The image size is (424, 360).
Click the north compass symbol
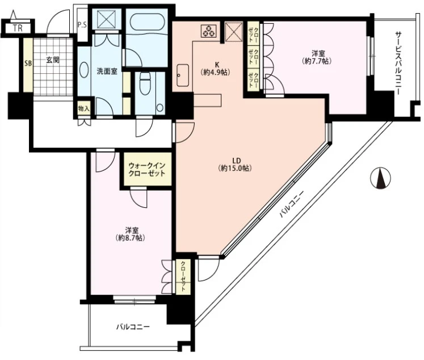380,178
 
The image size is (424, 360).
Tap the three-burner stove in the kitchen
209,31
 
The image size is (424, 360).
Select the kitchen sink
183,75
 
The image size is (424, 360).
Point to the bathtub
148,23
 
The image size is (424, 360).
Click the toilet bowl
145,83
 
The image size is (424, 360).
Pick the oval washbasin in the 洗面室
84,70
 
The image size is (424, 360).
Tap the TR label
18,28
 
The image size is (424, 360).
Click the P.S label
82,25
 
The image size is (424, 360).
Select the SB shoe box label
28,63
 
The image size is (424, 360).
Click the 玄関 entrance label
53,60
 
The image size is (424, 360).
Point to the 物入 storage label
83,108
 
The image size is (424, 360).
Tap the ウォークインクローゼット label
147,169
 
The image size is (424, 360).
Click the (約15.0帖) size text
235,168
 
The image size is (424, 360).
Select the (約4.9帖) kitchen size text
215,72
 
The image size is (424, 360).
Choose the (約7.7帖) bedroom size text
316,61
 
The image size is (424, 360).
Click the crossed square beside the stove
234,32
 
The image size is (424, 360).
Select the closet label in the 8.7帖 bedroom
183,277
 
